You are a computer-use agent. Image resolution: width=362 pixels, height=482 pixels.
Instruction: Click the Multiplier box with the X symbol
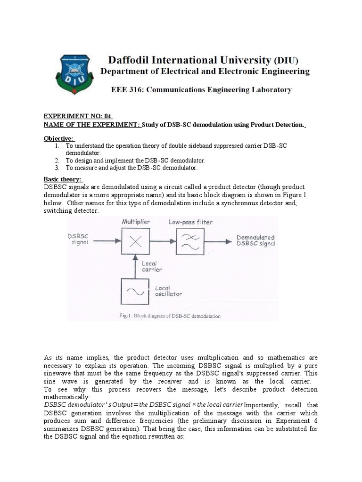(x=136, y=241)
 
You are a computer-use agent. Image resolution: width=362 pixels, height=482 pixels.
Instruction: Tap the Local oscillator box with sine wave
(x=136, y=291)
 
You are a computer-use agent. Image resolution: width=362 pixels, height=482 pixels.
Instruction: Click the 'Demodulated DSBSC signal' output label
(x=255, y=240)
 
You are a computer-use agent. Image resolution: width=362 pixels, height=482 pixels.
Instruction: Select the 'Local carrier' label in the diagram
(x=152, y=266)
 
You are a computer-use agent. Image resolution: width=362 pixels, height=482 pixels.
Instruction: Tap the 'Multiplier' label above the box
(x=136, y=222)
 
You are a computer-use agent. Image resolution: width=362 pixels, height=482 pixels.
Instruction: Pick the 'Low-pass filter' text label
(x=190, y=222)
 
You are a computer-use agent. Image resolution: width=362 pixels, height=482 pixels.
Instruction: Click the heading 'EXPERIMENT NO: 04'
(x=78, y=116)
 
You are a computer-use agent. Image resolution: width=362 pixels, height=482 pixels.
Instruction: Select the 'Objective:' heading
(x=59, y=138)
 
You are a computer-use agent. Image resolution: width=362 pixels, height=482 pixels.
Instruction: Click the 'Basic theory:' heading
(x=63, y=179)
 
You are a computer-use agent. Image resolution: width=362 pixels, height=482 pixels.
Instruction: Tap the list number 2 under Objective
(x=57, y=161)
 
